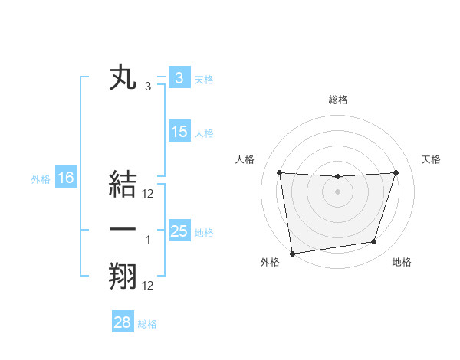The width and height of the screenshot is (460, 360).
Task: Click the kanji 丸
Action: [x=123, y=79]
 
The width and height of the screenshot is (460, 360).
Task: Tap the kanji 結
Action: [x=123, y=186]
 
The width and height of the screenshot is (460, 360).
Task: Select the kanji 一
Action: [x=123, y=231]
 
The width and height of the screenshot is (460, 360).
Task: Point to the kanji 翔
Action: [x=123, y=277]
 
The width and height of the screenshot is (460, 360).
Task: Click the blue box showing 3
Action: [x=179, y=79]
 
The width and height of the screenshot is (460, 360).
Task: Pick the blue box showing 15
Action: [x=179, y=132]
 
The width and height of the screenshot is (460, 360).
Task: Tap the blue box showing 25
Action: [x=179, y=231]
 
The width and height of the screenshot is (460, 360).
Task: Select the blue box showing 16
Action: [x=66, y=178]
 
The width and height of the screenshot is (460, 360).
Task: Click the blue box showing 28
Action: [x=122, y=322]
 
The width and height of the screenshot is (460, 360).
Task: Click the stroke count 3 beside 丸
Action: [x=148, y=87]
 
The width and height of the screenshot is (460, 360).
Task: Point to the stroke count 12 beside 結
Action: [x=148, y=194]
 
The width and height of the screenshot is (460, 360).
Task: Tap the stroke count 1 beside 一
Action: [x=148, y=240]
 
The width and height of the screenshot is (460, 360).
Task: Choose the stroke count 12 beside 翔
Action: [x=148, y=286]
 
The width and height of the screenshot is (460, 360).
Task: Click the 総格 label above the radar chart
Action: [x=337, y=100]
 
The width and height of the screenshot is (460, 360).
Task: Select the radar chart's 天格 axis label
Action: [x=432, y=159]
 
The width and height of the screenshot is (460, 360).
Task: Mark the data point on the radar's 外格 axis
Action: [x=292, y=253]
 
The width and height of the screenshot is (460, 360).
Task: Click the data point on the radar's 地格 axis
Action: [x=374, y=242]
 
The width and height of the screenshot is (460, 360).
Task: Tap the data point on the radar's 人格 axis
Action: [x=279, y=172]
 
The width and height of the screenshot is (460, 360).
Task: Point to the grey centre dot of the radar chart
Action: [x=337, y=191]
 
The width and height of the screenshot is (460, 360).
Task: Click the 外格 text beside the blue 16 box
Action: [x=41, y=179]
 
